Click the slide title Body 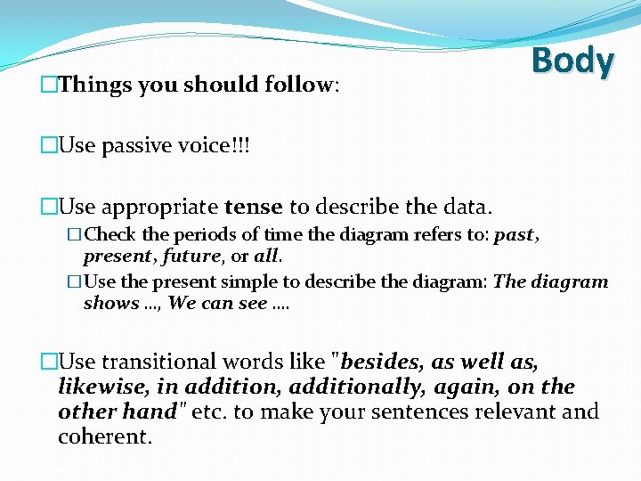tap(572, 61)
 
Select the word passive tap(135, 145)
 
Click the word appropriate tap(159, 208)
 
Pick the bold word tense tap(254, 208)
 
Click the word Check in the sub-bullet tap(110, 236)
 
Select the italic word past tap(514, 236)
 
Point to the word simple tap(251, 282)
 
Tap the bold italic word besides tap(382, 362)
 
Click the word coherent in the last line tap(104, 437)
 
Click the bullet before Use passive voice tap(49, 146)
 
